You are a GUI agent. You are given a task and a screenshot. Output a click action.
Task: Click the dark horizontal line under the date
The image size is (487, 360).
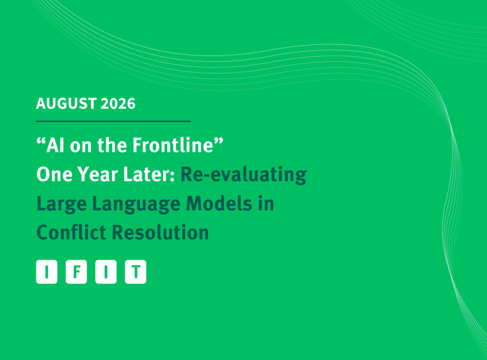[x=113, y=121]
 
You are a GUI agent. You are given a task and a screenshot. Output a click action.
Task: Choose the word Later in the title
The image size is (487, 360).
[x=149, y=174]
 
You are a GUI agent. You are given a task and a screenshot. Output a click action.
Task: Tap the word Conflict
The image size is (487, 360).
[x=71, y=232]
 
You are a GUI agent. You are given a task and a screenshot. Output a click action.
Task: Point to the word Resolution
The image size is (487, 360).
[x=160, y=233]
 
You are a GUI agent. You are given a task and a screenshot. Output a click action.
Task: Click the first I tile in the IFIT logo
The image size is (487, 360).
[x=47, y=272]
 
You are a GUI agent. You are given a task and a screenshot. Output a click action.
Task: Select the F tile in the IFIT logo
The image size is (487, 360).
[x=77, y=272]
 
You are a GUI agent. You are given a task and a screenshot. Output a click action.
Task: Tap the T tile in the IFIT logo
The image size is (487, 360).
[x=136, y=272]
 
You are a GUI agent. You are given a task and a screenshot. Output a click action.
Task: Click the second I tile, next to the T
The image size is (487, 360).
[x=106, y=272]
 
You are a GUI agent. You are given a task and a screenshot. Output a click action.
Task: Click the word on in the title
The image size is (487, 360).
[x=81, y=146]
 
